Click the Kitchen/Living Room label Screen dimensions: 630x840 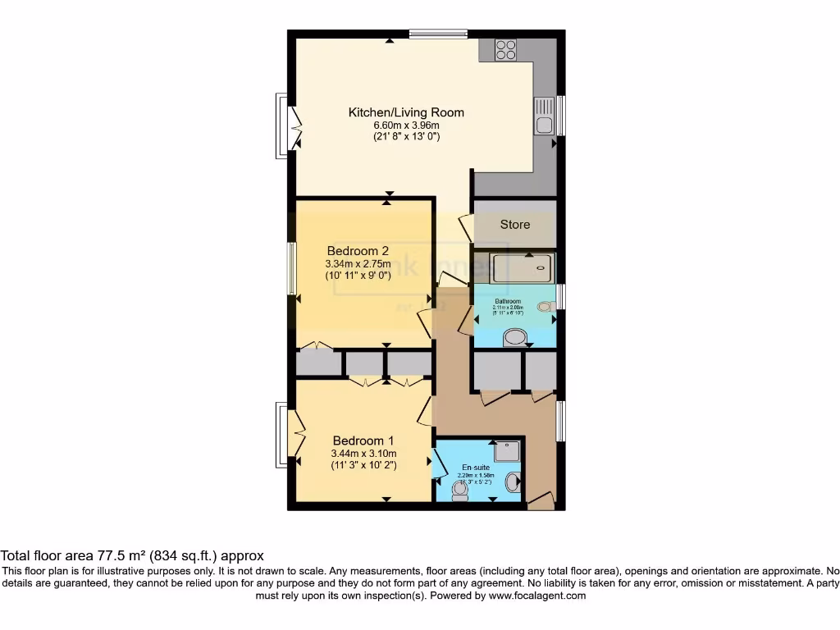[406, 112]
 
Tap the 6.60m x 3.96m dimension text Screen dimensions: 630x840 [406, 125]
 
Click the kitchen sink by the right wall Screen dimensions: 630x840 [544, 115]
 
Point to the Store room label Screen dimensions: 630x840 [515, 224]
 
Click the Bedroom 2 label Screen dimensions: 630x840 [357, 251]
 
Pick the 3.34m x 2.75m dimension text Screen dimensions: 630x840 [357, 264]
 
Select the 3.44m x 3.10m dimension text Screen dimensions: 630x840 [363, 454]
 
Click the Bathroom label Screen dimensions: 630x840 [508, 301]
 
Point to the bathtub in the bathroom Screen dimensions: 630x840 [523, 267]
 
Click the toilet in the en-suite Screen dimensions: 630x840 [460, 491]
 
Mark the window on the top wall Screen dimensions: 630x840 [439, 34]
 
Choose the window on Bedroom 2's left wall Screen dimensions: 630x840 [290, 269]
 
